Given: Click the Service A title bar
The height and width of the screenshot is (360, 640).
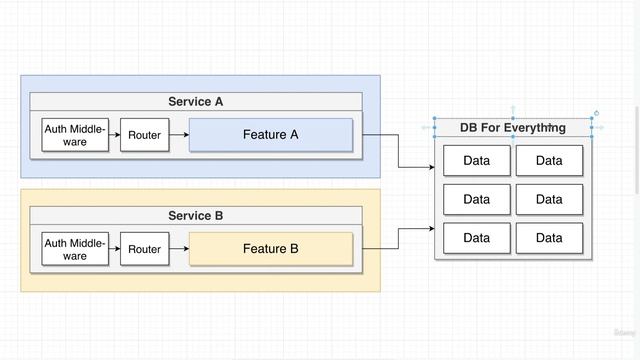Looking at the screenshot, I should (x=195, y=101).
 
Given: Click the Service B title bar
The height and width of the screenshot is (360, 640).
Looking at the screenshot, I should (x=195, y=216).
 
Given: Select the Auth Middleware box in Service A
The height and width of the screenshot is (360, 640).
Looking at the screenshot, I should (x=74, y=135).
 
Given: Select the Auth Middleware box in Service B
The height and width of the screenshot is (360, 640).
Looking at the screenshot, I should (x=74, y=249).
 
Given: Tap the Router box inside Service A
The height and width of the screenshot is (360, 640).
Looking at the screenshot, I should (x=144, y=135).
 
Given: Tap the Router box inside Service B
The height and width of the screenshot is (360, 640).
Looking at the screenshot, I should (x=144, y=249).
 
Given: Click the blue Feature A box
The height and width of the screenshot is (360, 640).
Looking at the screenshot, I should (x=270, y=135).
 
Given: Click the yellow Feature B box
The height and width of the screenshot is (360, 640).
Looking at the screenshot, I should (x=270, y=249).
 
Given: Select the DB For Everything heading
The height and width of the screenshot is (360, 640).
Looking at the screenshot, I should (x=512, y=127).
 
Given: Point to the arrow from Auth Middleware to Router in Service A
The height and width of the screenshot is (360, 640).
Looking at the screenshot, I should (x=112, y=135).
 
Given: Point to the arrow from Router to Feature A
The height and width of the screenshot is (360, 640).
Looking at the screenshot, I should (x=178, y=135).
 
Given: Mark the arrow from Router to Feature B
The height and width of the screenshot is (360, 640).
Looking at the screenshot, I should (x=178, y=249).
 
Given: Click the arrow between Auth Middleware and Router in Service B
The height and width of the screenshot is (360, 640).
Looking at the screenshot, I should (x=112, y=249).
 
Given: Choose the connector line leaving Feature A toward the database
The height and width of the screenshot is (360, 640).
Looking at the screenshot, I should (x=399, y=150).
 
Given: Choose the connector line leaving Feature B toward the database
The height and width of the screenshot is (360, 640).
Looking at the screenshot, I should (x=399, y=238).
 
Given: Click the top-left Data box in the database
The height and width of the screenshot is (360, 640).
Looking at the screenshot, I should (x=476, y=161).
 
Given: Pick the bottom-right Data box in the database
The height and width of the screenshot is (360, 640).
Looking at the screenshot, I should (x=549, y=238).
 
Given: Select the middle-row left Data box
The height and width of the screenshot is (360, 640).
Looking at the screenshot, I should (x=476, y=199).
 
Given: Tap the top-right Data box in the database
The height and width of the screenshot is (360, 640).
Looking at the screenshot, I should (x=549, y=161).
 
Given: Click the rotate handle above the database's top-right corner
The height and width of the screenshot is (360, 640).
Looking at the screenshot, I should (x=597, y=113).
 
